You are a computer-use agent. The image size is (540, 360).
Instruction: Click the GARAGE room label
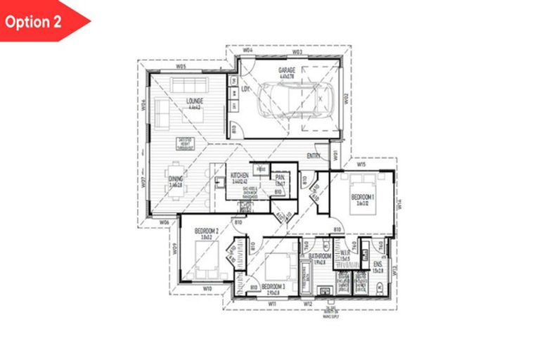pyautogui.click(x=286, y=70)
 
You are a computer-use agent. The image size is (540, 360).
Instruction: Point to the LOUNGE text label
pyautogui.click(x=194, y=101)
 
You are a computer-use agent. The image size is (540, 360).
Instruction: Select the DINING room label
pyautogui.click(x=176, y=179)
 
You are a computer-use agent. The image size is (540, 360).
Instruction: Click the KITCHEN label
pyautogui.click(x=240, y=174)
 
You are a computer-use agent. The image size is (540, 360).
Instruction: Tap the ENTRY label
pyautogui.click(x=314, y=156)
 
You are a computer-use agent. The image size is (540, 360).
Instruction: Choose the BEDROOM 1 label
pyautogui.click(x=364, y=197)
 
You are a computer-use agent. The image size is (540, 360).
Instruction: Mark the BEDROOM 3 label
pyautogui.click(x=273, y=287)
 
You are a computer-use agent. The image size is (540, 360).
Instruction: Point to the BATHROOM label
pyautogui.click(x=319, y=256)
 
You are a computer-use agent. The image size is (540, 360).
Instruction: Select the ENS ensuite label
pyautogui.click(x=377, y=263)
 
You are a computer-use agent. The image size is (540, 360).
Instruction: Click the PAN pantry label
pyautogui.click(x=280, y=178)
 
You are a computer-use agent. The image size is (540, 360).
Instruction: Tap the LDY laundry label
pyautogui.click(x=245, y=89)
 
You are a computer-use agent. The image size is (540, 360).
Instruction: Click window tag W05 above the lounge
pyautogui.click(x=181, y=66)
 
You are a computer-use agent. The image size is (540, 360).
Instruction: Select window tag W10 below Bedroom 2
pyautogui.click(x=207, y=288)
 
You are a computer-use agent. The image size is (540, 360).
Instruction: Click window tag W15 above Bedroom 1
pyautogui.click(x=361, y=165)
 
